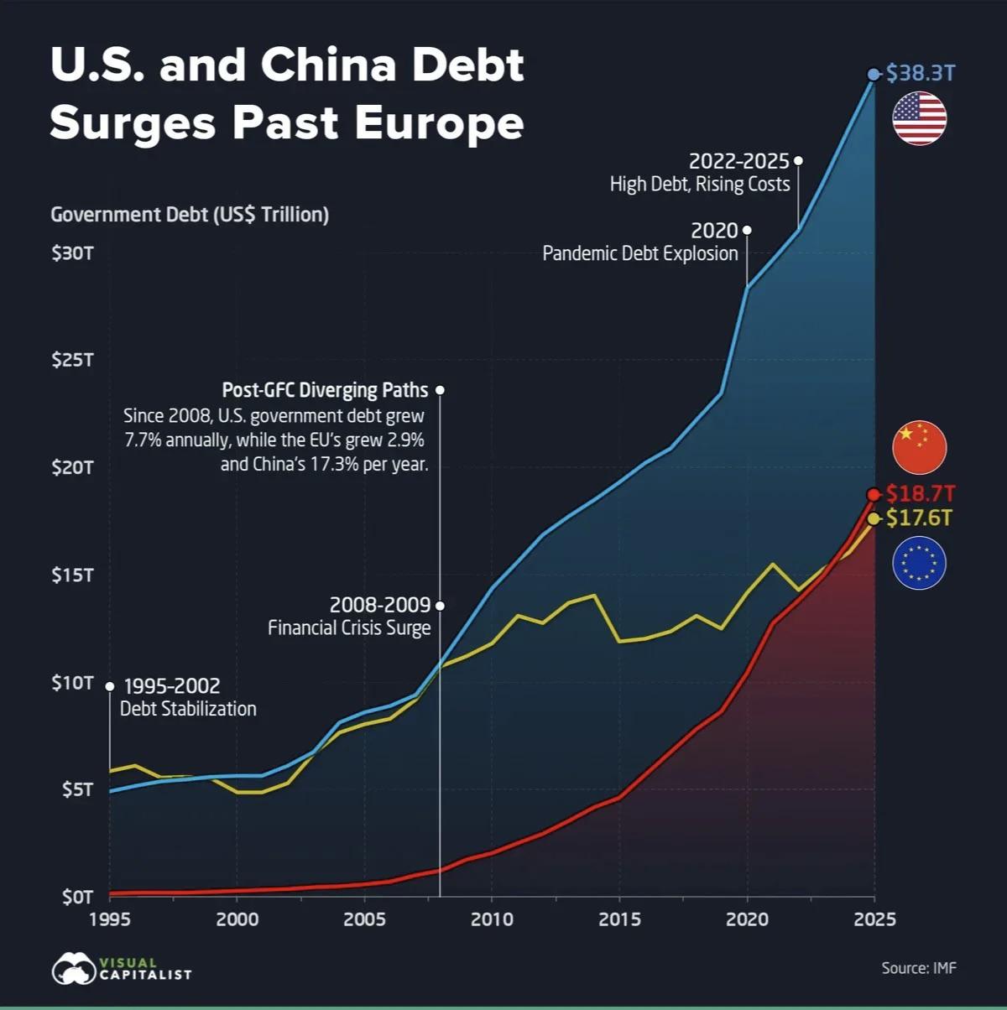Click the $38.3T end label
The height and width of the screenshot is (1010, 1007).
click(x=921, y=73)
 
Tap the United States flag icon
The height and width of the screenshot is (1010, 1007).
click(x=919, y=118)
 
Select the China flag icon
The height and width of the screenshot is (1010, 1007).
click(x=919, y=446)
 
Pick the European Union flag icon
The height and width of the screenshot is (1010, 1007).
click(x=919, y=562)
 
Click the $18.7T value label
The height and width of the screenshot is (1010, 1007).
click(x=921, y=493)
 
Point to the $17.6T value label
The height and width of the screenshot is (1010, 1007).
click(x=920, y=518)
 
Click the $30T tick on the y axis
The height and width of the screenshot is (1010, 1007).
click(x=72, y=252)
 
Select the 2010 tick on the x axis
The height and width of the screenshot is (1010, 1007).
click(x=492, y=919)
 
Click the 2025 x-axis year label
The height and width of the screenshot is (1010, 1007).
click(x=874, y=919)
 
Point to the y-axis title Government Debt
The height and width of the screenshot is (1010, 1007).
click(x=190, y=215)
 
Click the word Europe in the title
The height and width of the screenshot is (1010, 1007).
click(x=439, y=122)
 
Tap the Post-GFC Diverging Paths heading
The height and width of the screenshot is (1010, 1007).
click(x=325, y=390)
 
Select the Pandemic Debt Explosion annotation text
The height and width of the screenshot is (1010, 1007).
click(x=640, y=253)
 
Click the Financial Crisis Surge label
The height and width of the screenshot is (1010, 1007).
click(x=349, y=627)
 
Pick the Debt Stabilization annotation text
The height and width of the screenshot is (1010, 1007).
click(x=188, y=709)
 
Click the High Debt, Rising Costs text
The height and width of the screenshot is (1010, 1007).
click(x=700, y=184)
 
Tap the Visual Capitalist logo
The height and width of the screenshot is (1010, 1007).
click(x=121, y=969)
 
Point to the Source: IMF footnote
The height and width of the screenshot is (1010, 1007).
click(x=918, y=968)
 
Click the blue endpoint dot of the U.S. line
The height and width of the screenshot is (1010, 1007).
click(x=873, y=74)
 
